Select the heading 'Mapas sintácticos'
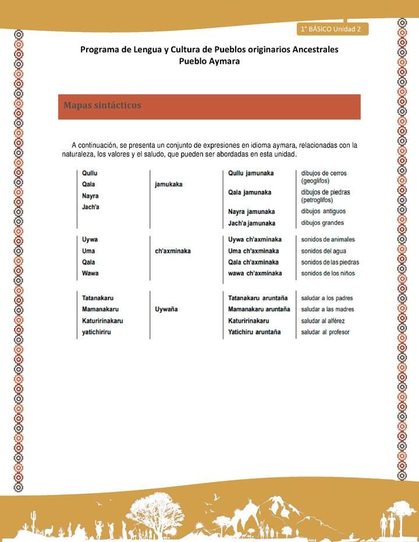point(102,106)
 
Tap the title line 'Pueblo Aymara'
point(209,61)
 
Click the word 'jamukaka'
point(169,184)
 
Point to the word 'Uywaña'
point(166,309)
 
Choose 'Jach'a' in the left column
point(91,207)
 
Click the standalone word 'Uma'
point(88,251)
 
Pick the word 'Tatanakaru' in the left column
point(98,298)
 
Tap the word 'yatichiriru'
point(97,332)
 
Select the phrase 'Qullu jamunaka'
point(251,173)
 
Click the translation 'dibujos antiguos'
point(323,211)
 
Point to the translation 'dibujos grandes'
point(322,223)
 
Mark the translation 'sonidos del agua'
point(324,251)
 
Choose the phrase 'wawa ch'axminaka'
point(255,273)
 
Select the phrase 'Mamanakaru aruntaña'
point(259,309)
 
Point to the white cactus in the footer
point(34,518)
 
